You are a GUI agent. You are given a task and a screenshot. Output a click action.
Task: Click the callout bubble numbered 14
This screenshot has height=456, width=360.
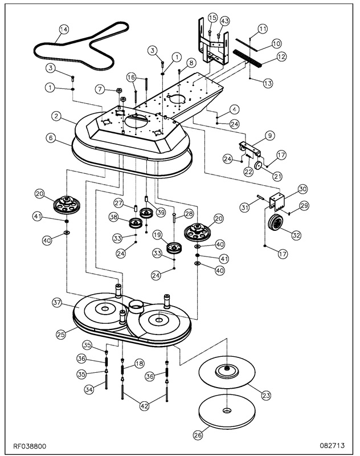pyautogui.click(x=63, y=29)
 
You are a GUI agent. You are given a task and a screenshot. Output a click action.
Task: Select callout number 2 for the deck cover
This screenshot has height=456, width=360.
pyautogui.click(x=56, y=116)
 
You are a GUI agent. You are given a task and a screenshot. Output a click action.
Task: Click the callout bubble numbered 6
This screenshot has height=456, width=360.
pyautogui.click(x=51, y=138)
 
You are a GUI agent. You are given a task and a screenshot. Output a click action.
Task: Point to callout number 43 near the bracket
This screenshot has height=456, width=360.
pyautogui.click(x=225, y=21)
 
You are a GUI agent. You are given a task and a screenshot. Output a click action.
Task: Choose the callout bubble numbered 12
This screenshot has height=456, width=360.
pyautogui.click(x=281, y=56)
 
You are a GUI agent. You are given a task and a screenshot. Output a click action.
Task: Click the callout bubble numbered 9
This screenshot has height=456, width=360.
pyautogui.click(x=269, y=136)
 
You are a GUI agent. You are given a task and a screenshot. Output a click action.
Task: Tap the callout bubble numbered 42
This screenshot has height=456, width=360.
pyautogui.click(x=145, y=406)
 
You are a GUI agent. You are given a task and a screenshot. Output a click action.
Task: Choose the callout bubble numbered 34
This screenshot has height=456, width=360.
pyautogui.click(x=88, y=389)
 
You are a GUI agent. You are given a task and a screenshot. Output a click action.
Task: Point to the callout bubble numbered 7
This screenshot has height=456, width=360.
pyautogui.click(x=100, y=89)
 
